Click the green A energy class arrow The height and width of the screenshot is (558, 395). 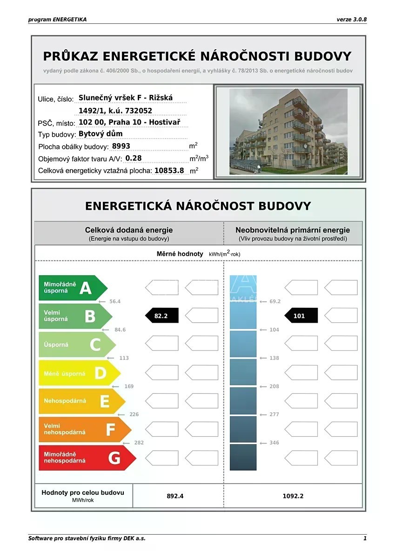coord(72,288)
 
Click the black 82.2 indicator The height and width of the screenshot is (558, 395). coord(161,316)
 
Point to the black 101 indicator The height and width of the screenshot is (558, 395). coord(301,316)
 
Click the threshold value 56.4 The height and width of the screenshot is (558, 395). coord(115,301)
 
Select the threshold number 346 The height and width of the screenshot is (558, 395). coord(274,443)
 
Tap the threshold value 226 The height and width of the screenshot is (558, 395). coord(134,414)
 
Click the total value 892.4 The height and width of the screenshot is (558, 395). coord(175,496)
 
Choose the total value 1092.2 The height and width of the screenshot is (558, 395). coord(293,496)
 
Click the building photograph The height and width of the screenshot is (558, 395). coord(288,132)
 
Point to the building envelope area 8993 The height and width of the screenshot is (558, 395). coord(121,146)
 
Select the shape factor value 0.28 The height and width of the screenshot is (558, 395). coord(134,158)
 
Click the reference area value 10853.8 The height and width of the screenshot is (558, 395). coord(169,171)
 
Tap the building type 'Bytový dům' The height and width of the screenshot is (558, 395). coord(101,134)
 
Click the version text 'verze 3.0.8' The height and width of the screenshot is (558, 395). coord(351,20)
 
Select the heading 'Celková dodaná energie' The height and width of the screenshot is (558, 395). coord(129,230)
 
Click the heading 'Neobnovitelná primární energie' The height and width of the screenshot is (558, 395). coord(293,230)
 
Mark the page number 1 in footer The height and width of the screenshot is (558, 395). coord(365,538)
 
